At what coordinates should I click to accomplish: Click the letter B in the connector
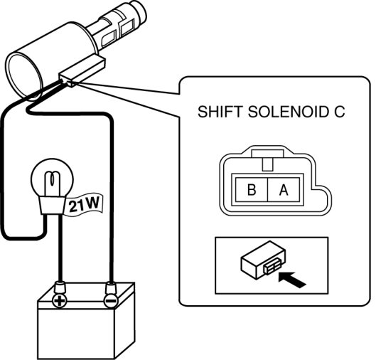click(252, 189)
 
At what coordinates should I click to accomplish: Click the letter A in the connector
click(284, 189)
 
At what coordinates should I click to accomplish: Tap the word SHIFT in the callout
click(220, 112)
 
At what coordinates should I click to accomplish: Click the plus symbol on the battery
click(60, 301)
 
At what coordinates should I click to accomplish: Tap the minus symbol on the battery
click(111, 301)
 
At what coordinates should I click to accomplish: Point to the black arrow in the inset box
click(292, 280)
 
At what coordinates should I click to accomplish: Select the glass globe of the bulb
click(53, 178)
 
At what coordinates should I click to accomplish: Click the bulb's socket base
click(53, 205)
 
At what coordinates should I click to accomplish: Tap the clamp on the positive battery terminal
click(60, 287)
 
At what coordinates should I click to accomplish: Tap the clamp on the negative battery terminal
click(111, 287)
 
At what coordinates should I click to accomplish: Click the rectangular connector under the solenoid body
click(82, 71)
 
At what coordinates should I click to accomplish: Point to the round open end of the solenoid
click(23, 75)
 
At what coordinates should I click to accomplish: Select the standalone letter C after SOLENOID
click(339, 112)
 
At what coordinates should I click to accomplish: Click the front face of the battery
click(76, 334)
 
